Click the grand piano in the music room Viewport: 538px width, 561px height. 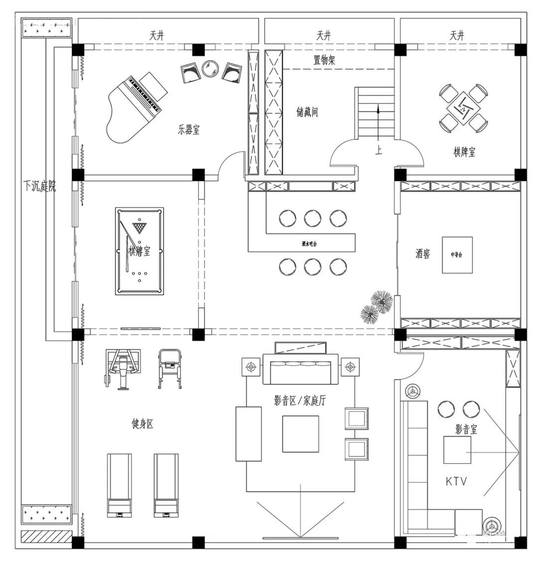coord(134,108)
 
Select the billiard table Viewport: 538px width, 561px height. coord(139,251)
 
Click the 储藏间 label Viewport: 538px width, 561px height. coord(307,112)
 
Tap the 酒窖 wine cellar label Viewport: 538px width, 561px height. coord(422,254)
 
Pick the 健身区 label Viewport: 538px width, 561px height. coord(143,424)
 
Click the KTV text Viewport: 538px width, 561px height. coord(456,482)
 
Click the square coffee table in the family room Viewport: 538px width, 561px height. coord(300,434)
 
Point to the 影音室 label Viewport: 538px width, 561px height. coord(466,430)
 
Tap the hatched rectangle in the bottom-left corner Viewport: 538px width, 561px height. coord(47,536)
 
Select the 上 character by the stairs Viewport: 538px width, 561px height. coord(379,151)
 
